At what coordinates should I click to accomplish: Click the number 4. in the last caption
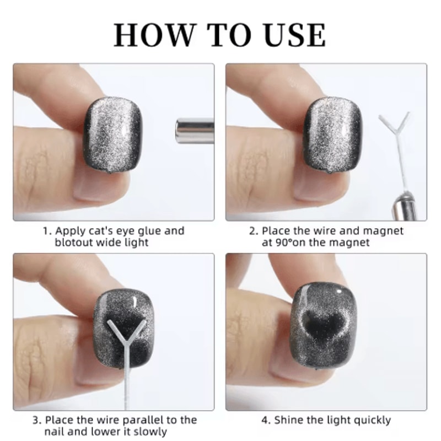(266, 420)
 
